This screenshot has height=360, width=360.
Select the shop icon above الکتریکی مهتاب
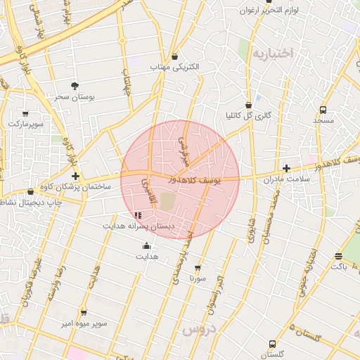[x=174, y=57]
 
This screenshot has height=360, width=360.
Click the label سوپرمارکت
[x=26, y=123]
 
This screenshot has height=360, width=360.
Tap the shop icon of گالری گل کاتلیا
[x=249, y=105]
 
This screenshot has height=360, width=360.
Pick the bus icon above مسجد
[x=323, y=110]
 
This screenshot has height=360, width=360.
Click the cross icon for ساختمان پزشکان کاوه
[x=75, y=176]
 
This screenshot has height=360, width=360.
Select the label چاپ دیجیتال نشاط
[x=32, y=202]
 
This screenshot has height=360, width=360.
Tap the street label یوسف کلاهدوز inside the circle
[x=195, y=180]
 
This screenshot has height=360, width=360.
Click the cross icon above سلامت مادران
[x=286, y=169]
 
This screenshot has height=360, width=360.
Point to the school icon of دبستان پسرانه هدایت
[x=138, y=215]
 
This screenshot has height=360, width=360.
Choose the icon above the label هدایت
[x=146, y=246]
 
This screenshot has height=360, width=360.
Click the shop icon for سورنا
[x=197, y=268]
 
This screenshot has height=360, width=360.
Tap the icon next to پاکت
[x=338, y=256]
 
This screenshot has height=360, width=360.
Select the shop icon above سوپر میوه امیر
[x=84, y=312]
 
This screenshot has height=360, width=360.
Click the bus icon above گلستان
[x=272, y=344]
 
